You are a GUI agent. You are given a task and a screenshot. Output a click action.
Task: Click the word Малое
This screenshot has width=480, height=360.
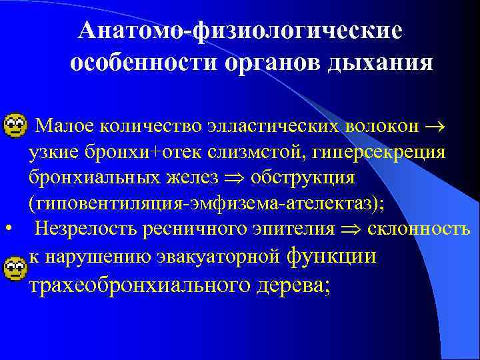62,125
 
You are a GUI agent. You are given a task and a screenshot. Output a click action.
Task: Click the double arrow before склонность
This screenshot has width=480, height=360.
352,230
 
